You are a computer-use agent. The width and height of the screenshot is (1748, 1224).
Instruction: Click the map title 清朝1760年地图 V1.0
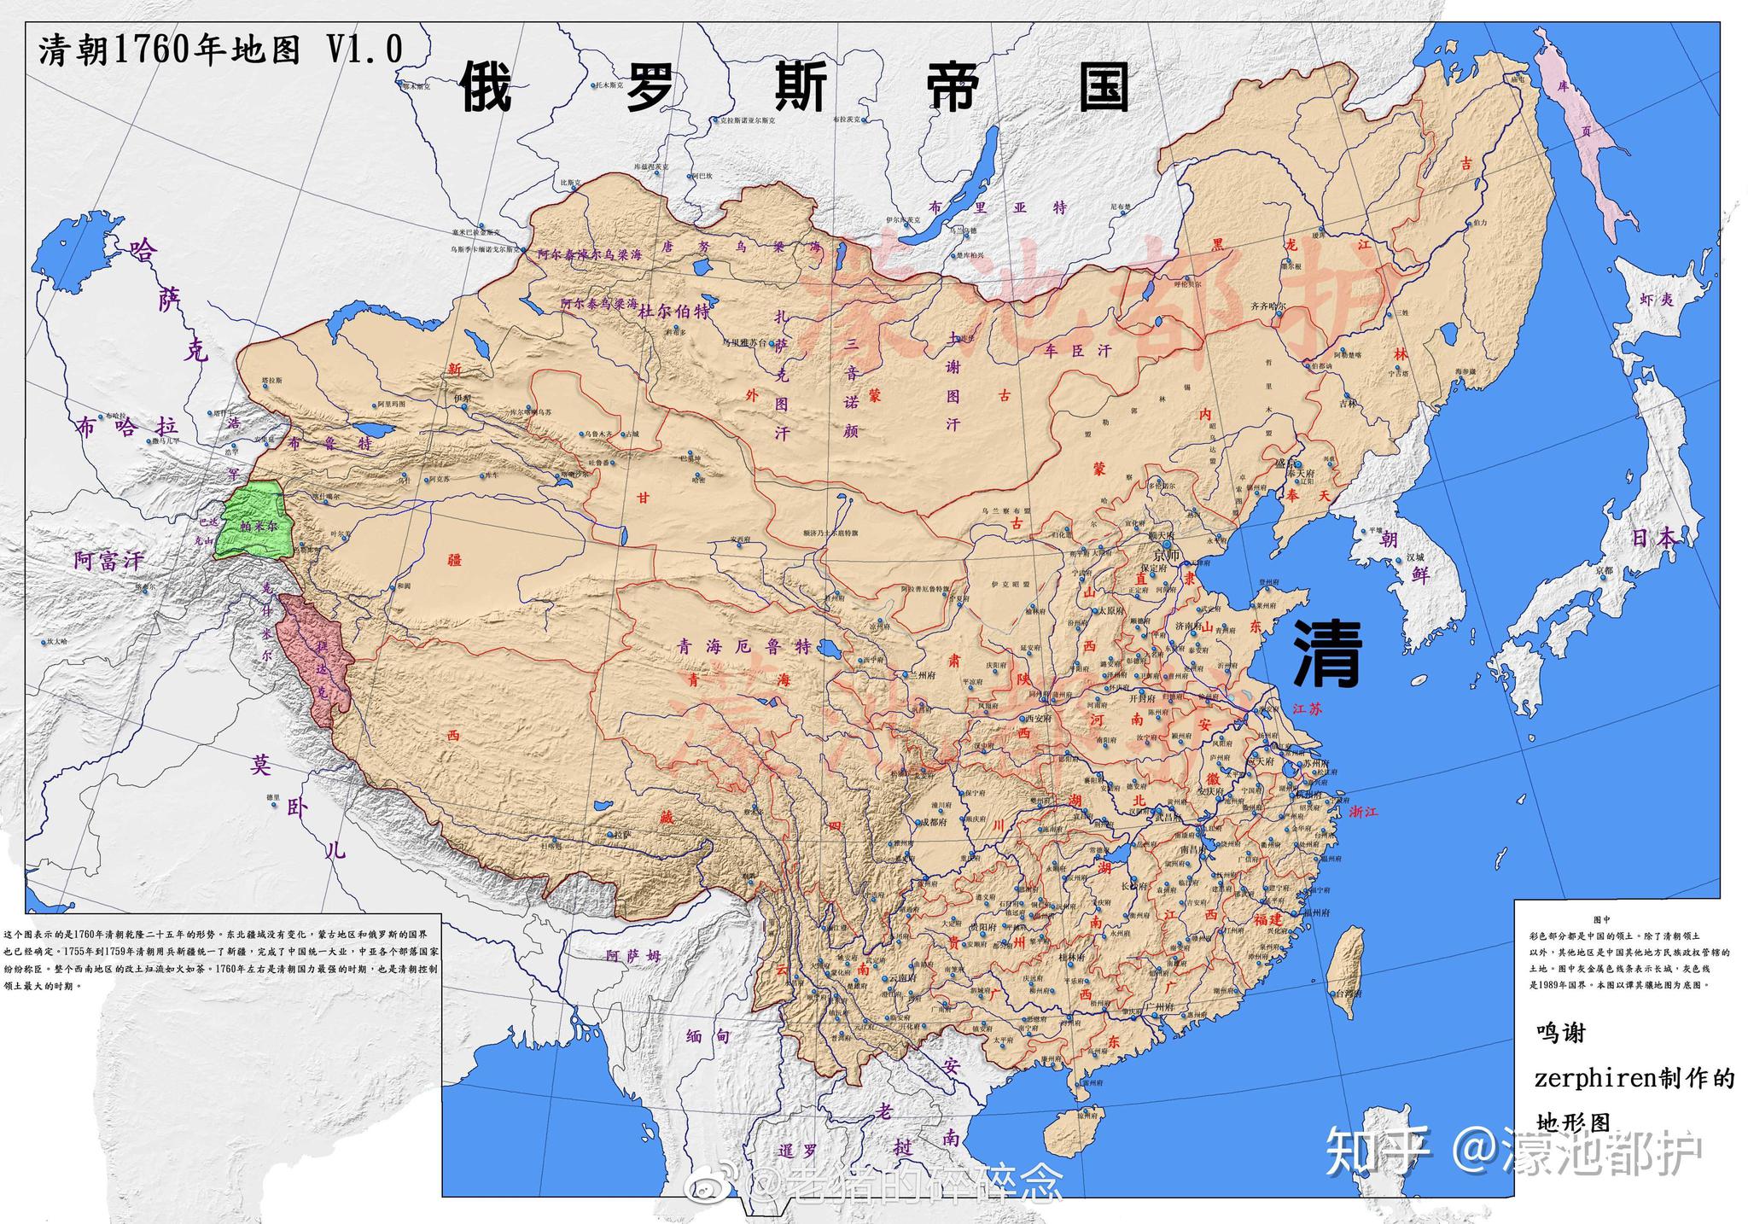pyautogui.click(x=220, y=50)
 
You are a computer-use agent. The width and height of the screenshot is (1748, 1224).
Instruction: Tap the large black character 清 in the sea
pyautogui.click(x=1326, y=653)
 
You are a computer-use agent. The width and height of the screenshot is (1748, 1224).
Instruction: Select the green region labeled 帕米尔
pyautogui.click(x=253, y=522)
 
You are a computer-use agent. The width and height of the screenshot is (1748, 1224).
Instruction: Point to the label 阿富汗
pyautogui.click(x=108, y=561)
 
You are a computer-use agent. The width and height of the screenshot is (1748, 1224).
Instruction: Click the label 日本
pyautogui.click(x=1653, y=538)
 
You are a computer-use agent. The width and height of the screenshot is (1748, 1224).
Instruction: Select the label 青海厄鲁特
pyautogui.click(x=744, y=646)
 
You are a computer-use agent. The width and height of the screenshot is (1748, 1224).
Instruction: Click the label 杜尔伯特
pyautogui.click(x=674, y=312)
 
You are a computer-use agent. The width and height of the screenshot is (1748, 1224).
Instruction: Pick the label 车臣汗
pyautogui.click(x=1079, y=350)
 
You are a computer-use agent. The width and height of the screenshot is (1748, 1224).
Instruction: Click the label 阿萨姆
pyautogui.click(x=633, y=956)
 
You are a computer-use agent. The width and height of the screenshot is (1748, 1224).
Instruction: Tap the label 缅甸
pyautogui.click(x=708, y=1036)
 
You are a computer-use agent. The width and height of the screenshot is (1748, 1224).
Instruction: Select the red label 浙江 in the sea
pyautogui.click(x=1363, y=812)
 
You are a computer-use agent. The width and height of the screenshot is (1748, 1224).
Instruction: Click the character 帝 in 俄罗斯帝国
pyautogui.click(x=952, y=87)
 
